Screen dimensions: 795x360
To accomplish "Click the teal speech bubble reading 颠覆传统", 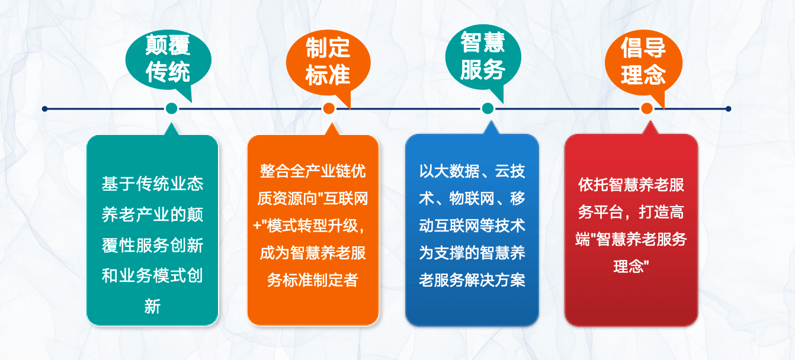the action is coord(168,60).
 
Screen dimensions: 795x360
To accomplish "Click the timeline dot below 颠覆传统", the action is coord(171,108).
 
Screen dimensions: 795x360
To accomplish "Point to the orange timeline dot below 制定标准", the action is coord(329,108).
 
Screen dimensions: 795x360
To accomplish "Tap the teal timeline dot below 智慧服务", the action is coord(488,108).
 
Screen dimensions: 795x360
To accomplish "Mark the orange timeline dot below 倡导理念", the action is coord(647,108).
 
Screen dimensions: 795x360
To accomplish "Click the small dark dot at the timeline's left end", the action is coord(44,108).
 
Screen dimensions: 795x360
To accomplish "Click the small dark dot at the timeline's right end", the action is coord(728,108).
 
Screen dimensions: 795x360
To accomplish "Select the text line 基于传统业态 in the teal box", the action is coord(153,184).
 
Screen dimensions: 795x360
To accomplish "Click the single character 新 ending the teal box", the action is coord(153,307).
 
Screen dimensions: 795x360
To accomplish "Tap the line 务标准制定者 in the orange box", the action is coord(313,280).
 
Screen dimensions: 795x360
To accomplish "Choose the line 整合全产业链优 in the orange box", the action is coord(313,171).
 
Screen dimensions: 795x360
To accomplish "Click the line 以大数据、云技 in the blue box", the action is coord(472,171).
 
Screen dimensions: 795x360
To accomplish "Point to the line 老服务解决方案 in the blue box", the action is coord(472,280).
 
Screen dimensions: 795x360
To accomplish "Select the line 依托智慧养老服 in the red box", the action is coord(631,185).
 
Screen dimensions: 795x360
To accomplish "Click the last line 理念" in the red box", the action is coord(631,266).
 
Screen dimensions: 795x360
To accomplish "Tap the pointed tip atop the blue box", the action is coord(491,121).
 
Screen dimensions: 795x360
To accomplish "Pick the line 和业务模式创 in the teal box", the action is coord(153,275).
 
